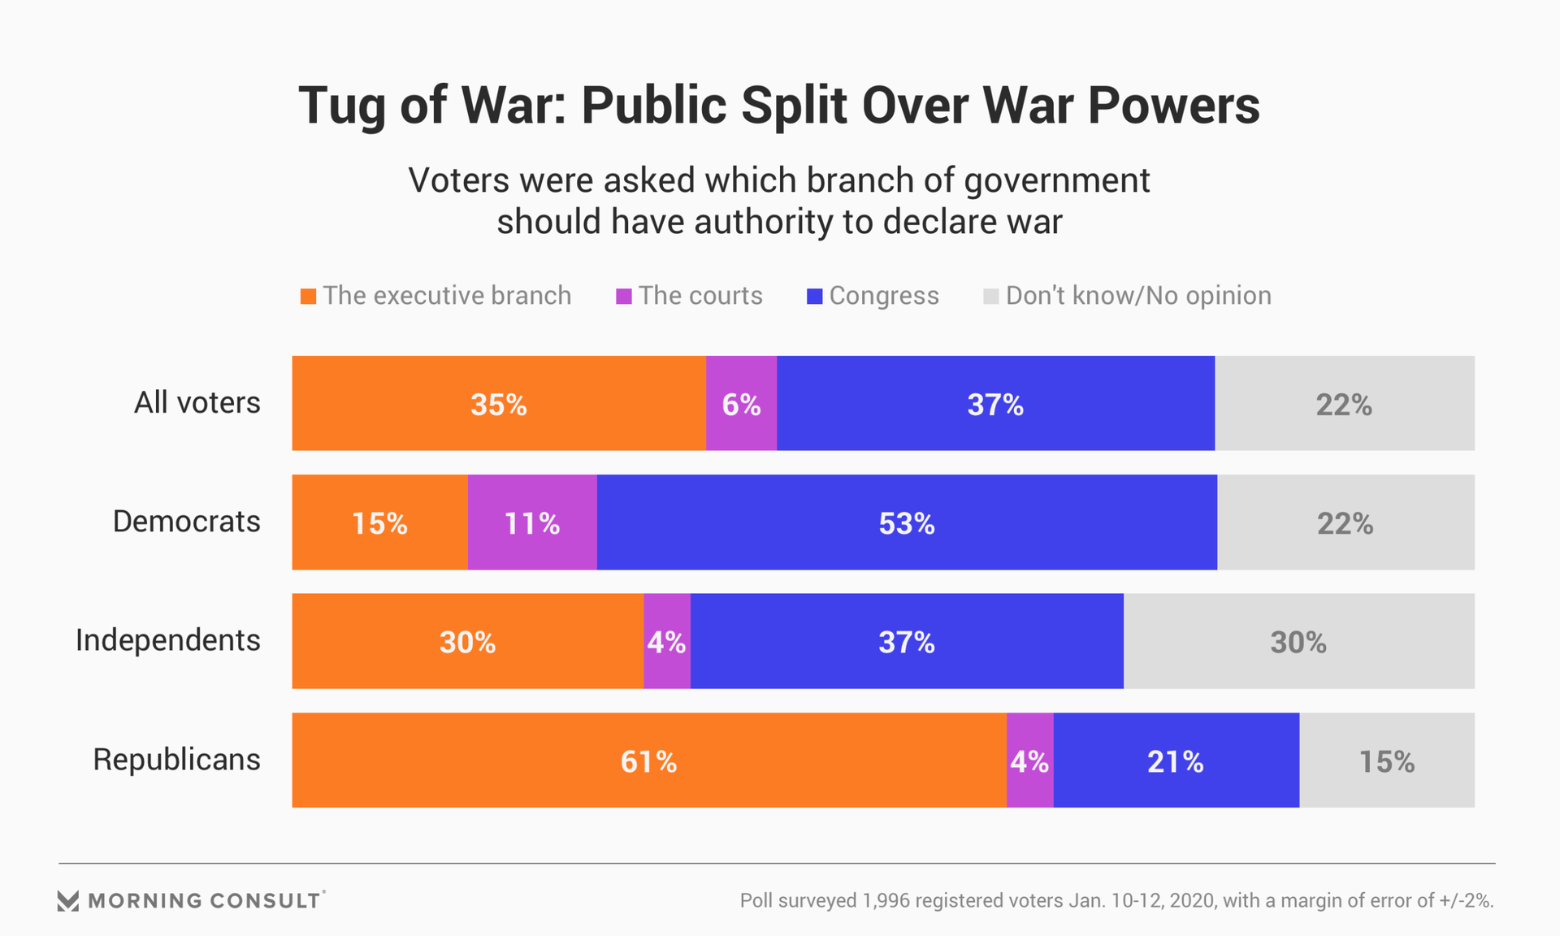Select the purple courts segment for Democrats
532,522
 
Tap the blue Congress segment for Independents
907,641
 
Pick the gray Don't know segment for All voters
1344,403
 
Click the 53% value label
907,524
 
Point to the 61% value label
648,762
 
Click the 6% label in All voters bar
741,405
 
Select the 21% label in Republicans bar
1175,762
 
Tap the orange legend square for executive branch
308,297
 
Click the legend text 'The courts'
700,296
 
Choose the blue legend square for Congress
814,297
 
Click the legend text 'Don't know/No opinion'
1138,296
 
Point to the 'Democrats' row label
186,522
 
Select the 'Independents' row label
167,640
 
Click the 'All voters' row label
197,403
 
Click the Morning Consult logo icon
68,900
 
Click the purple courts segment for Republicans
1029,760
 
